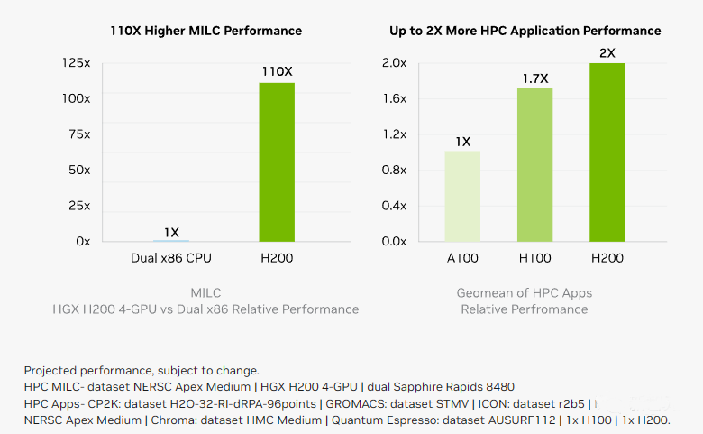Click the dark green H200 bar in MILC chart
[x=277, y=162]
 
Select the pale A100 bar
[x=462, y=197]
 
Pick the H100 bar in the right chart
[x=534, y=165]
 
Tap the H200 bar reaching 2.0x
[x=607, y=152]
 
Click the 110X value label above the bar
[x=277, y=71]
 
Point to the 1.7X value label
[x=535, y=78]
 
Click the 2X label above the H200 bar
[x=607, y=52]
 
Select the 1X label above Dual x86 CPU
[x=171, y=233]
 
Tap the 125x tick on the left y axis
[x=78, y=63]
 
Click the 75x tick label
[x=80, y=134]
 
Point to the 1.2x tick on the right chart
[x=395, y=134]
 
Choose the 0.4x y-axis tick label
[x=395, y=206]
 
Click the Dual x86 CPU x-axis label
[x=171, y=259]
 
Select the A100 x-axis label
[x=462, y=259]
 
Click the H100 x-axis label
[x=534, y=259]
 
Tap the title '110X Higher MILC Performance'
[x=205, y=31]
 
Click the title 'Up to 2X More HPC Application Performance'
[x=525, y=31]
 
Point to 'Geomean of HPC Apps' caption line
[x=524, y=293]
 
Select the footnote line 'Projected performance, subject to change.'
[x=142, y=371]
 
